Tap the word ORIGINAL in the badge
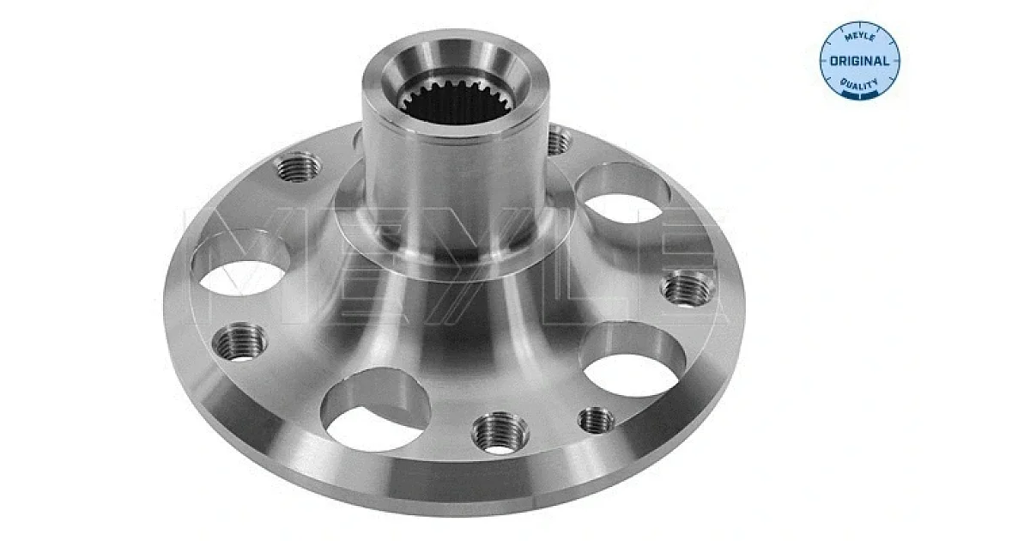point(860,61)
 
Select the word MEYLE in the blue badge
point(860,37)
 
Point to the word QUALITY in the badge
point(859,83)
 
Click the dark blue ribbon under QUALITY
point(860,94)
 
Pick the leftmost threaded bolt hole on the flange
point(239,342)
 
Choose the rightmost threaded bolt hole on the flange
point(688,289)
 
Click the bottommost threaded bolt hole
point(500,433)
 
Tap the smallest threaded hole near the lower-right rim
point(596,420)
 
